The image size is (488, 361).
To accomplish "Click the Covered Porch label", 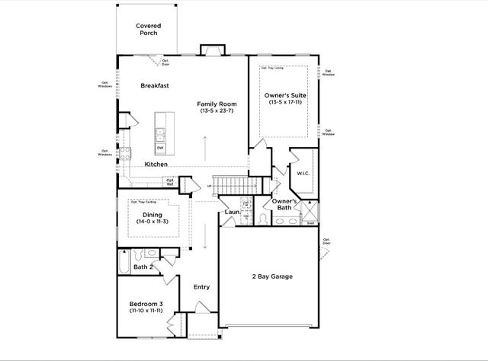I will click(149, 30).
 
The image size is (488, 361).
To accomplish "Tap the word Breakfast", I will click(154, 86).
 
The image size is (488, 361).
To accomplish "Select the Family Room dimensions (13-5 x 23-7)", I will click(217, 111).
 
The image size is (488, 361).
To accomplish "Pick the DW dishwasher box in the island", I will click(161, 148).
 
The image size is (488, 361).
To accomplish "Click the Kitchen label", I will click(156, 164).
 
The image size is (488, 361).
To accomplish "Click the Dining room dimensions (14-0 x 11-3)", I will click(152, 221).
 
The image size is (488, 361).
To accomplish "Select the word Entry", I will click(201, 287).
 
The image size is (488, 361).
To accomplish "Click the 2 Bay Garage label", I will click(272, 276).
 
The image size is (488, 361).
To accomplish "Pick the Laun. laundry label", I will click(232, 212).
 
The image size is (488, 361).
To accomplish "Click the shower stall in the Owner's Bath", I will click(310, 210).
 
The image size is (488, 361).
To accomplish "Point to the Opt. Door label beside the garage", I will click(326, 241).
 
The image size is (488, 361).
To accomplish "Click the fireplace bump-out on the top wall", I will click(211, 50).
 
